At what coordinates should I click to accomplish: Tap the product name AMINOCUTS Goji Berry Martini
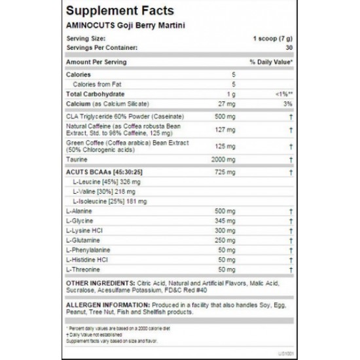tap(120, 26)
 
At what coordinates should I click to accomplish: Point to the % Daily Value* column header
tap(271, 61)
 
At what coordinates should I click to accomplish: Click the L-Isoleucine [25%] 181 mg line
tap(107, 201)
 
